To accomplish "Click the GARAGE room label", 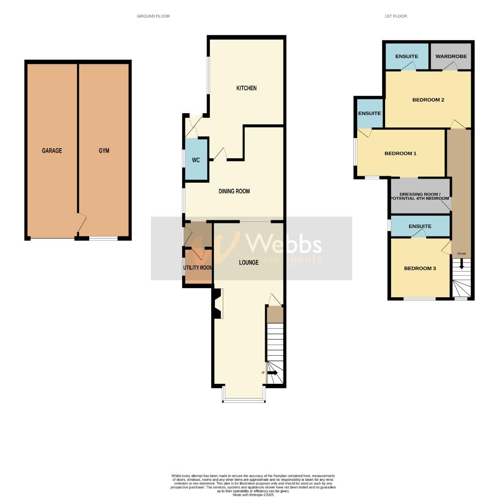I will click(x=52, y=150).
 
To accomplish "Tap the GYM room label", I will click(x=104, y=150).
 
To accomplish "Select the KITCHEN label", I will click(x=246, y=88).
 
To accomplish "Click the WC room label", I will click(x=196, y=160).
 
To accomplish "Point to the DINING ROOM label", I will click(x=234, y=191).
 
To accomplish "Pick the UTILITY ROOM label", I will click(x=198, y=267).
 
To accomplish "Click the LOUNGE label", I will click(x=249, y=262).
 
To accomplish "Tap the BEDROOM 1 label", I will click(x=400, y=153).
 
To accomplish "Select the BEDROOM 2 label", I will click(x=428, y=100).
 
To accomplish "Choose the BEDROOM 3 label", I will click(x=420, y=268).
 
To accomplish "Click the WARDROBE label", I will click(x=451, y=56).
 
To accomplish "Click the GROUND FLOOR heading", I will click(x=153, y=16).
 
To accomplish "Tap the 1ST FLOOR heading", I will click(x=396, y=16).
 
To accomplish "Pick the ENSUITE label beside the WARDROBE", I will click(x=407, y=56).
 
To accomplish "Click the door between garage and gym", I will click(x=81, y=225).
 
